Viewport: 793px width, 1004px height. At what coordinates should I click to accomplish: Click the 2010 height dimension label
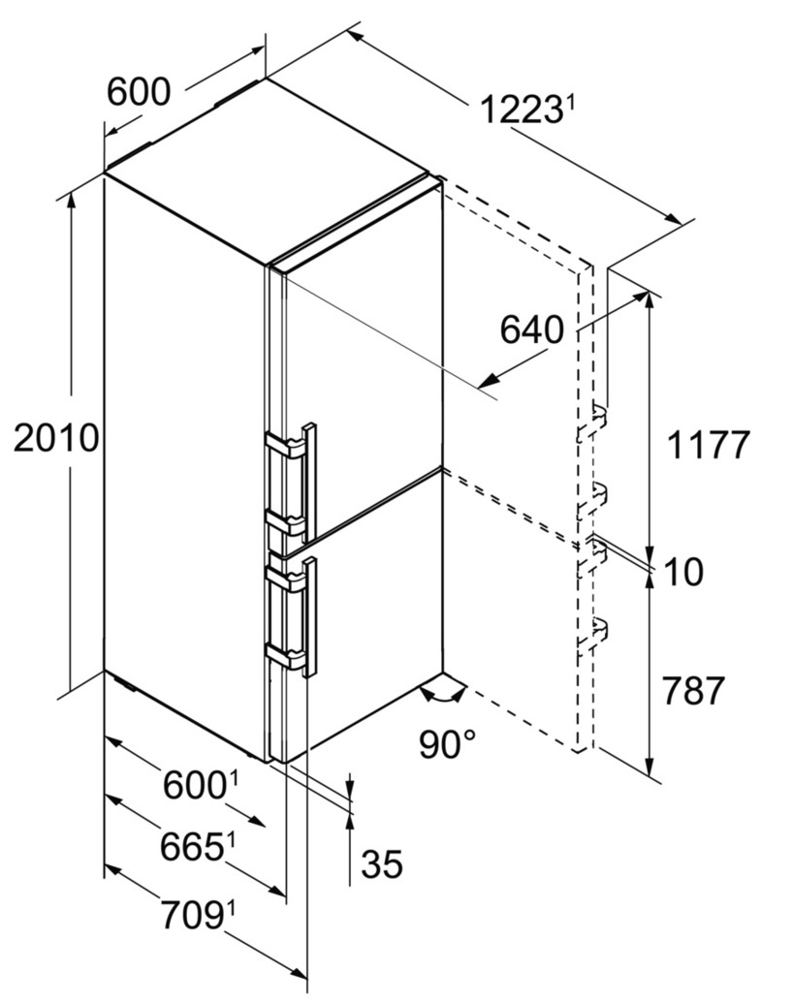point(56,439)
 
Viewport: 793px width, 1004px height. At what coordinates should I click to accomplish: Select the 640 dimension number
point(531,330)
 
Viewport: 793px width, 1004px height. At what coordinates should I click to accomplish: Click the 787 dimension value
point(693,690)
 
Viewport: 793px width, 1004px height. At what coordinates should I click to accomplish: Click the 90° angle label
point(448,744)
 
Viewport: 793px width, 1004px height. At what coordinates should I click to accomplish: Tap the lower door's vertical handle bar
point(311,616)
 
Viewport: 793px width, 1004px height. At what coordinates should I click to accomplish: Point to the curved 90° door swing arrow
point(443,694)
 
